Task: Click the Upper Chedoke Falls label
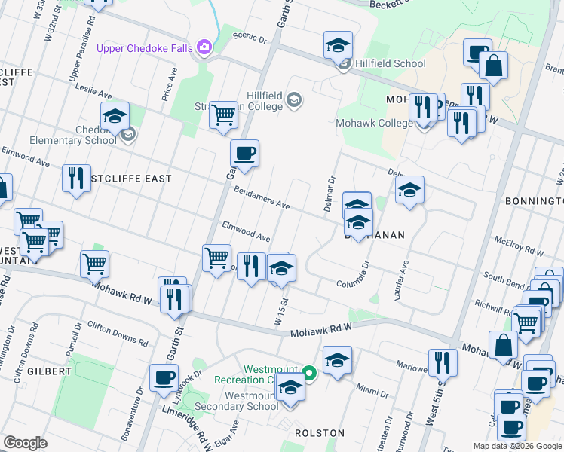point(145,49)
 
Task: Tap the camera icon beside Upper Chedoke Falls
point(204,48)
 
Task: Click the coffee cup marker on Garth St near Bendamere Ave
point(244,154)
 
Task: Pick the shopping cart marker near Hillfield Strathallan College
point(223,116)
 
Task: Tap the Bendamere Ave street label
point(262,198)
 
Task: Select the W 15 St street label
point(282,310)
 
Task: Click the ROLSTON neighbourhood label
point(320,433)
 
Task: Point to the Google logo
point(26,443)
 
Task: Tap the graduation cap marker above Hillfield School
point(339,45)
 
